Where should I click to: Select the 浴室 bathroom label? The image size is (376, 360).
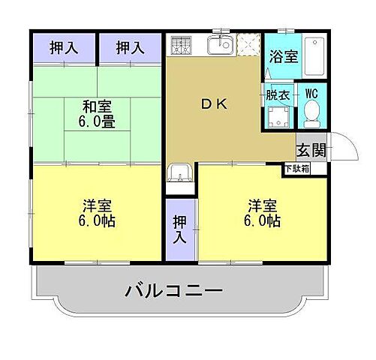[283, 56]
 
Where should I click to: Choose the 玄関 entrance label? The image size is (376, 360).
[311, 148]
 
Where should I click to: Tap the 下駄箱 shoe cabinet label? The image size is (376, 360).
[296, 169]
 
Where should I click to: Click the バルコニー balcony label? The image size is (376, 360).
[173, 289]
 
